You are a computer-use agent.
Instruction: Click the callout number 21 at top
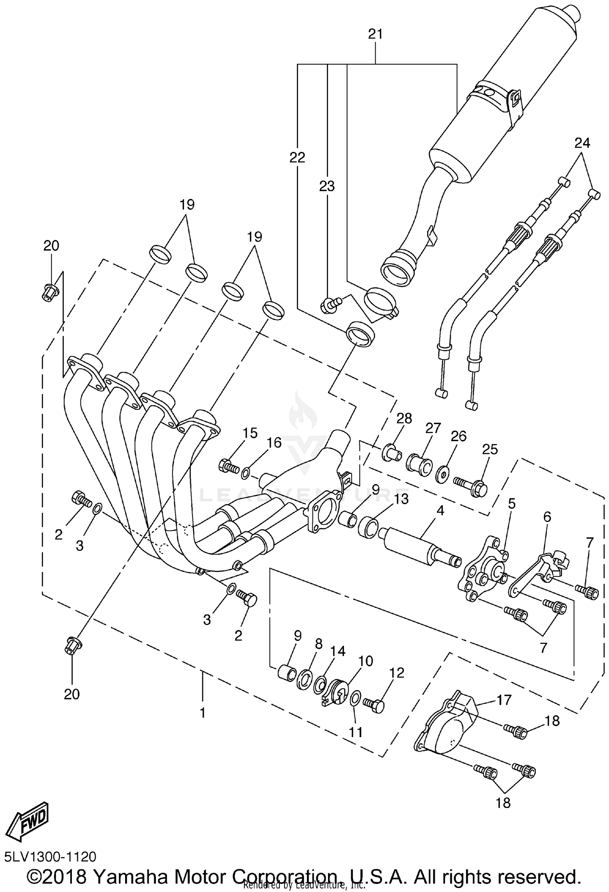[376, 34]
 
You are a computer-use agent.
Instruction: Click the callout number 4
[440, 510]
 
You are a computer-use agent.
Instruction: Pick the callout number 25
[490, 449]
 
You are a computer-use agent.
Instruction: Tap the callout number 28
[404, 418]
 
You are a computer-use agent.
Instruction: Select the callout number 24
[582, 143]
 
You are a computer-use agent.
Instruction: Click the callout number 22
[297, 157]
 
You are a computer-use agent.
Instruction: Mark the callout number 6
[547, 517]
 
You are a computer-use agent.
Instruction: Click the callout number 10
[365, 661]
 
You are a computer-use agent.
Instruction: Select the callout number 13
[402, 499]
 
